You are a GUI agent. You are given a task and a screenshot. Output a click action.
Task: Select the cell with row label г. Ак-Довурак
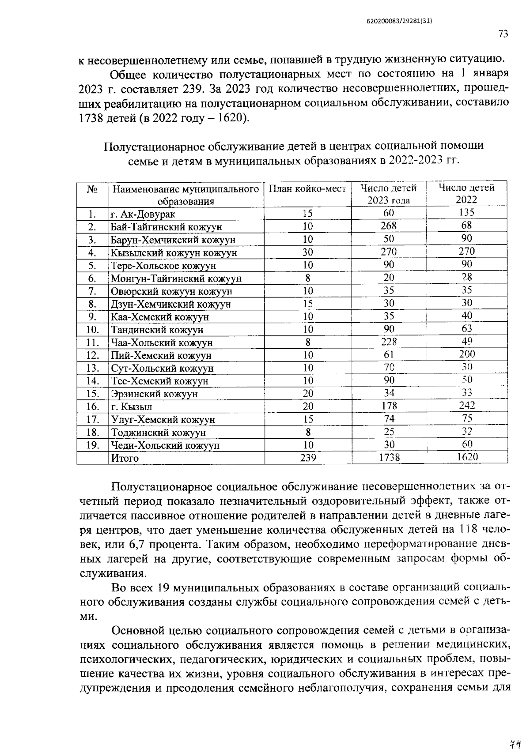[143, 215]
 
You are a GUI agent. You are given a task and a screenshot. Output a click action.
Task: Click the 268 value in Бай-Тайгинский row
[389, 226]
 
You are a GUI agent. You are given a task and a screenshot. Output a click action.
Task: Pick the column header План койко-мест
[308, 189]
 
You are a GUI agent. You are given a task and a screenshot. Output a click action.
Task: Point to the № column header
[92, 189]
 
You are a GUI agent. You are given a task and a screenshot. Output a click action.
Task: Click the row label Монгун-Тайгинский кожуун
[176, 279]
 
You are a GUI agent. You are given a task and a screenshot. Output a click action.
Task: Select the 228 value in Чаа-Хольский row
[389, 342]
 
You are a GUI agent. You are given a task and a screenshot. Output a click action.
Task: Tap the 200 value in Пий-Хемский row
[467, 354]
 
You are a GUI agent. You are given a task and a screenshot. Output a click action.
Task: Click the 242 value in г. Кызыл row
[467, 405]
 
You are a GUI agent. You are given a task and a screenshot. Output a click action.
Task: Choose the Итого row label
[125, 458]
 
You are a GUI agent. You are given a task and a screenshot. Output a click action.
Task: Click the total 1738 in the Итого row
[389, 458]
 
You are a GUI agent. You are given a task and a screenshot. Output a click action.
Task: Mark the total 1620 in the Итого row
[467, 457]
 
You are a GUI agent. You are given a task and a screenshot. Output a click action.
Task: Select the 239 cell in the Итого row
[308, 458]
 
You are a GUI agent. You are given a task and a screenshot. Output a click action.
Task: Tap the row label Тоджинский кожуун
[158, 433]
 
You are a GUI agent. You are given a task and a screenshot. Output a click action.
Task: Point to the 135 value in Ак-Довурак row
[467, 212]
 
